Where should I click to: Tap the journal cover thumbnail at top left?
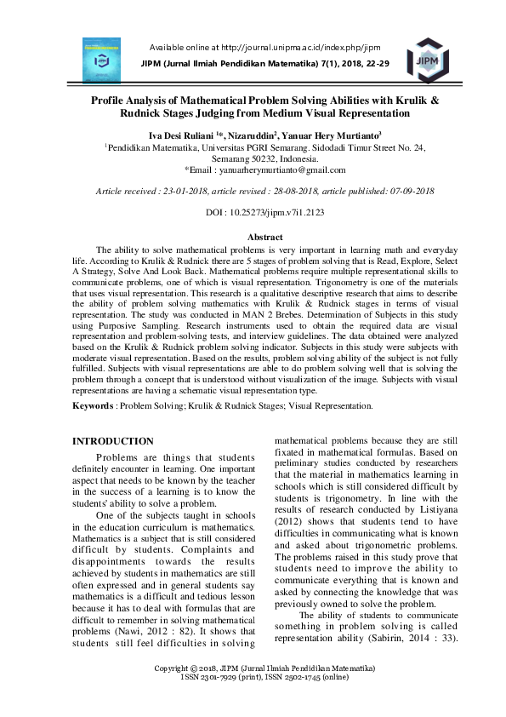(x=101, y=59)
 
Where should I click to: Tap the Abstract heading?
(x=264, y=237)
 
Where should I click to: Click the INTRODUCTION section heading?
(x=113, y=441)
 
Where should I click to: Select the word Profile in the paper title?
(x=113, y=100)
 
